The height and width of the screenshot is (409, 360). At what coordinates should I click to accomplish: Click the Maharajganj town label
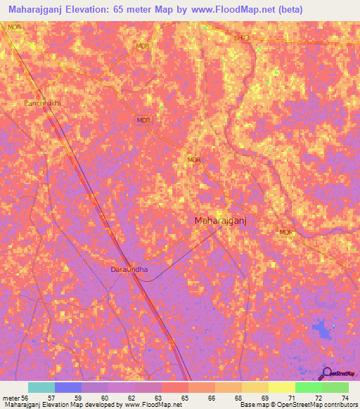tap(219, 221)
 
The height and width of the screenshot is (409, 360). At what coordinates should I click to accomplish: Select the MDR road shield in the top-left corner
tap(14, 27)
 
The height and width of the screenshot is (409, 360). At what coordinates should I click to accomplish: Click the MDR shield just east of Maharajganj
tap(285, 233)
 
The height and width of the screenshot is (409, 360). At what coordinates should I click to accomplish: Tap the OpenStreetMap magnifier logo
tap(326, 373)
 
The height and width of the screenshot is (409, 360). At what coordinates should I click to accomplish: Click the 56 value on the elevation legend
tap(25, 398)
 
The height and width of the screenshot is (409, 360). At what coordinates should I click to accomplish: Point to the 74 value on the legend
tap(345, 398)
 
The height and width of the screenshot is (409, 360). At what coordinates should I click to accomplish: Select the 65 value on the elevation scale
tap(185, 398)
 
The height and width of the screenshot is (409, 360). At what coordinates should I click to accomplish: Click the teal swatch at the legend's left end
tap(41, 387)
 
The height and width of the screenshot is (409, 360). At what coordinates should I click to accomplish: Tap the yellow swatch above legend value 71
tap(281, 387)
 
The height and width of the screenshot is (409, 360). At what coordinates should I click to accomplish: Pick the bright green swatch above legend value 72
tap(308, 387)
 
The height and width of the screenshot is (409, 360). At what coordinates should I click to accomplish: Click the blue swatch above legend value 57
tap(67, 387)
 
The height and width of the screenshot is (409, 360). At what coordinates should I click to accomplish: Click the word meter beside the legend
tap(10, 398)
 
